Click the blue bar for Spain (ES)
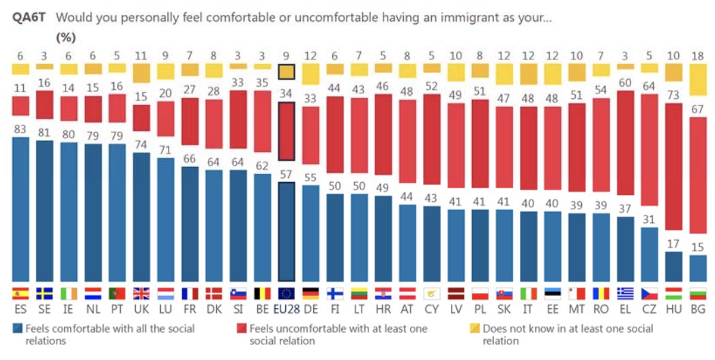click(21, 209)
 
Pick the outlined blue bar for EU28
click(287, 231)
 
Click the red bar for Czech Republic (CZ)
click(650, 150)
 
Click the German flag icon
click(310, 294)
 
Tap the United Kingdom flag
click(141, 294)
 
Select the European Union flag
click(287, 294)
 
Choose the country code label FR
click(190, 310)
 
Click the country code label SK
click(504, 310)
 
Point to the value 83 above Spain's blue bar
click(21, 129)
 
